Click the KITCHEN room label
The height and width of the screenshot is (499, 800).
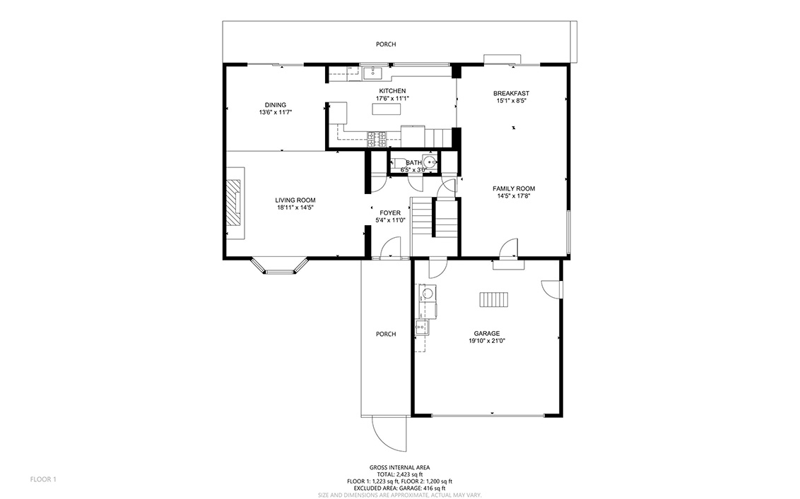pos(392,91)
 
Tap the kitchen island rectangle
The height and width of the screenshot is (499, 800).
pos(387,109)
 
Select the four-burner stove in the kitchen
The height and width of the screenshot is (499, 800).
pos(377,140)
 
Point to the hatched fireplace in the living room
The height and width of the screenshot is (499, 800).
pos(234,203)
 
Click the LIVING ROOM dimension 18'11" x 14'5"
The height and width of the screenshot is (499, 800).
pos(295,208)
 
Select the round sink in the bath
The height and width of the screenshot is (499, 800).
pos(430,162)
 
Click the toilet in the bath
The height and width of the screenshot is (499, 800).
pos(399,164)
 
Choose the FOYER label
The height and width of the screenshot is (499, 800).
pos(390,213)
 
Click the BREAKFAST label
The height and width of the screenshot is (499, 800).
pos(511,93)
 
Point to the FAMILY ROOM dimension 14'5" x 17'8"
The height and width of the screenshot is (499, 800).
pos(514,196)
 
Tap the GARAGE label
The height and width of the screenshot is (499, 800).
pos(487,333)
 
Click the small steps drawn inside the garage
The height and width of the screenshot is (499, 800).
pos(494,299)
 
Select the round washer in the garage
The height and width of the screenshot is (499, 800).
pos(428,293)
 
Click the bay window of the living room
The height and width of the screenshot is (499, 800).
pos(281,266)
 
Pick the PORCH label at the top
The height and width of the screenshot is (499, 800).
pos(386,44)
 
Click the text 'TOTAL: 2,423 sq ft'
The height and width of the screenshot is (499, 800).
pos(399,474)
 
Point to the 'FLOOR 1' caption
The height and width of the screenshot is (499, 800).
pos(43,479)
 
